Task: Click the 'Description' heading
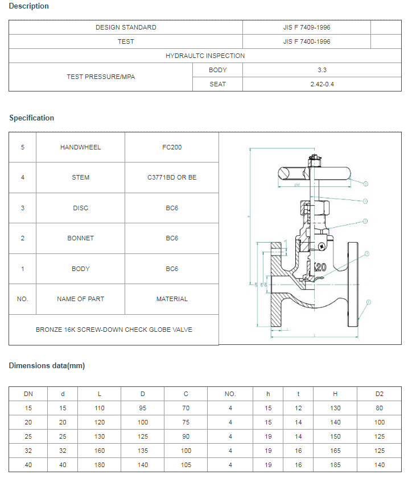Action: [29, 6]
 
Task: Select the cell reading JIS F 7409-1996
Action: [306, 27]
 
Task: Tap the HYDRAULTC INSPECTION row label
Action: [205, 56]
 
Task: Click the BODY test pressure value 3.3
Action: [322, 70]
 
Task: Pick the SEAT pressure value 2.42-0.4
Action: [322, 84]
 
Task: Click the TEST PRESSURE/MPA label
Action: [101, 77]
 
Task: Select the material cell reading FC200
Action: [172, 147]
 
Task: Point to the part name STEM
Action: [80, 177]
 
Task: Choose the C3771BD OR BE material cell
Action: [172, 177]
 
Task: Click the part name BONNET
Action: [80, 238]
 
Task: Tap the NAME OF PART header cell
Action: [80, 299]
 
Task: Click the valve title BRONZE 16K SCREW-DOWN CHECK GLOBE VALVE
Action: [114, 330]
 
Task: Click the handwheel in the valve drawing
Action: [313, 172]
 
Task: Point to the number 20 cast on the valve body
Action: [320, 266]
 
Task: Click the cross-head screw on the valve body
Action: [322, 246]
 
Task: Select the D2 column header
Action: [380, 394]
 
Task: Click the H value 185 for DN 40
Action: [335, 465]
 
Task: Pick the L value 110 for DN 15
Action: [100, 408]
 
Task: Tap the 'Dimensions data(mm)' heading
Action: [47, 365]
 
